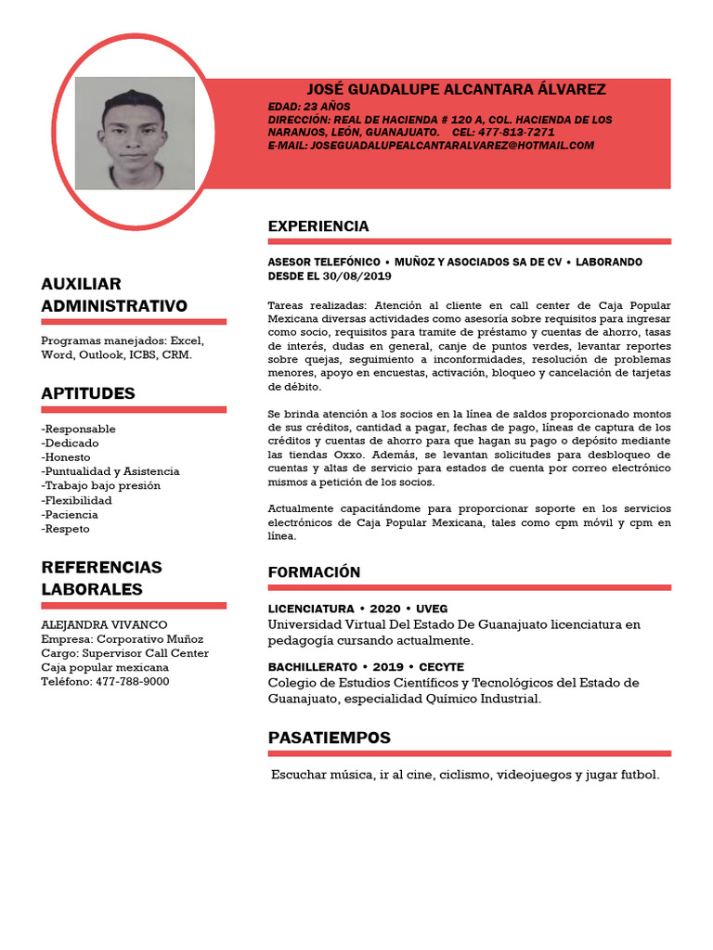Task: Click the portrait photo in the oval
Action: [x=135, y=133]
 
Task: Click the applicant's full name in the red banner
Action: [x=456, y=89]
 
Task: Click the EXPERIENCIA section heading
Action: [x=318, y=226]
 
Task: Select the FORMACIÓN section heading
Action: [x=314, y=572]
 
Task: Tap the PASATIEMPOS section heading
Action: [x=329, y=738]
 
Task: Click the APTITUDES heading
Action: [x=88, y=393]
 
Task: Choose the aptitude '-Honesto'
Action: [x=66, y=457]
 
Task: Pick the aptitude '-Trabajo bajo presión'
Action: [x=101, y=485]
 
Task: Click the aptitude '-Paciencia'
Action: [x=70, y=514]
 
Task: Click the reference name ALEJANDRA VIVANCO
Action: [x=105, y=625]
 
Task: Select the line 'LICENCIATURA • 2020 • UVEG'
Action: [x=357, y=609]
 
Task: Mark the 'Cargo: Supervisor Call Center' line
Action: [x=125, y=653]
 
